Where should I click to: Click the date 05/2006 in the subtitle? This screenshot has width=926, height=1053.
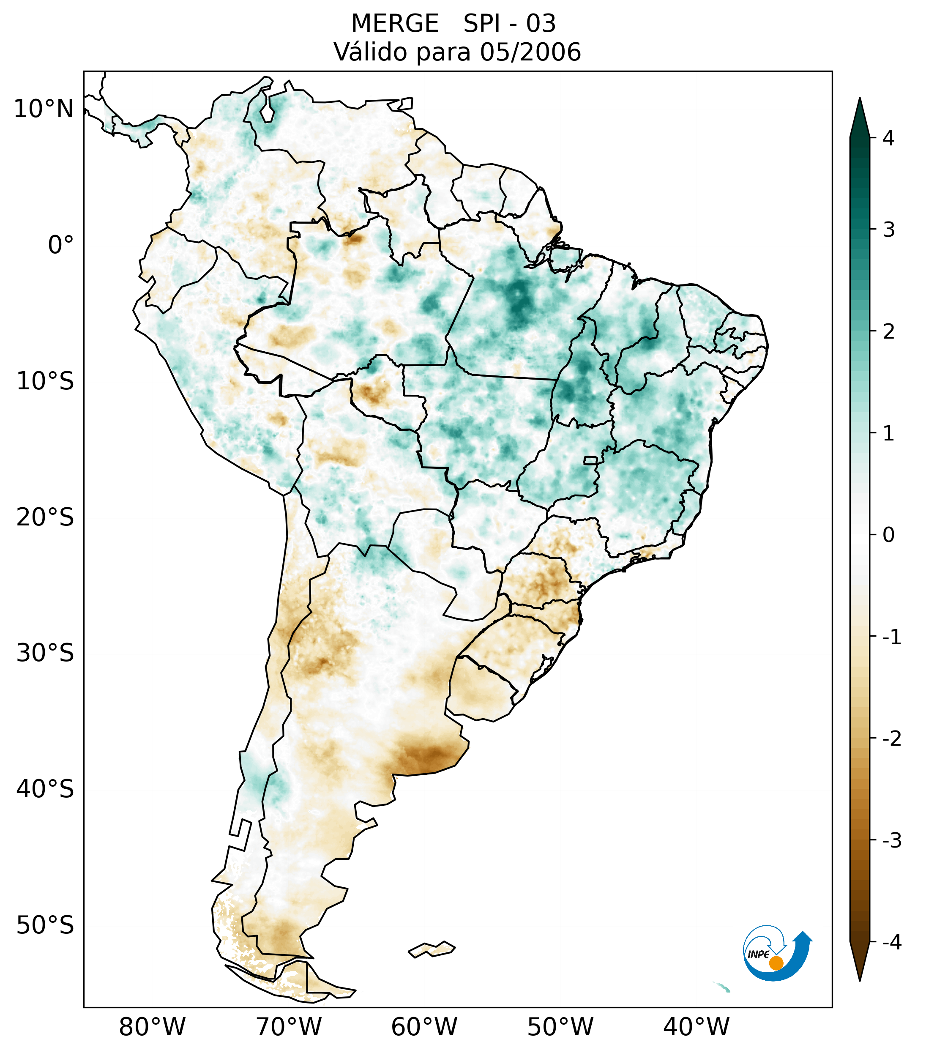[x=530, y=52]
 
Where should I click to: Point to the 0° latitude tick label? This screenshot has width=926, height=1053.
[x=61, y=245]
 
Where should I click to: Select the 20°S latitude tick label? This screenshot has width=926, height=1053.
[x=45, y=517]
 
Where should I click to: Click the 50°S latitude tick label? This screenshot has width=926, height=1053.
[x=45, y=926]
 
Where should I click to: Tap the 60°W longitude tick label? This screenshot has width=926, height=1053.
[x=424, y=1027]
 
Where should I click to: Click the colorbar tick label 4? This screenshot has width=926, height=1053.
[x=888, y=138]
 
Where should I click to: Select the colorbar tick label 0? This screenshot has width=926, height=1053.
[x=888, y=535]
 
